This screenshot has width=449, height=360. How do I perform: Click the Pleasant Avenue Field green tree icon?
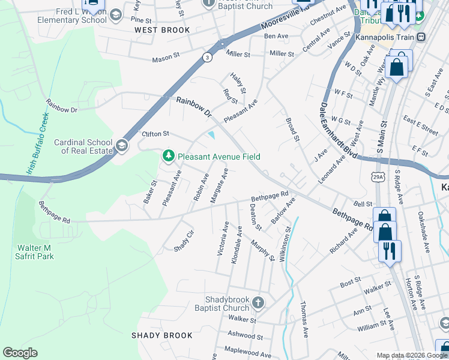point(169,157)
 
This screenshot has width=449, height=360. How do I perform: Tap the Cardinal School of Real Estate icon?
point(122,146)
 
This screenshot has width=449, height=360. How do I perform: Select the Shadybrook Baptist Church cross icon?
point(258,302)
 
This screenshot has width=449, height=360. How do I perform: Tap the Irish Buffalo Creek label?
point(37,144)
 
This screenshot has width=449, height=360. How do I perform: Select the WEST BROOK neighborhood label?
point(162,30)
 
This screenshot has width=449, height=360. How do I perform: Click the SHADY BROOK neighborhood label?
point(163,335)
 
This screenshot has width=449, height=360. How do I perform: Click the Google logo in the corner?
point(20,353)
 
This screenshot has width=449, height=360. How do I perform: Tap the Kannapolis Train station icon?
point(421,37)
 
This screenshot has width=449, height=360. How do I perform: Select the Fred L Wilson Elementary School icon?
point(115,14)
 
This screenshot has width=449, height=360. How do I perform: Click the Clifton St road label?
point(155,133)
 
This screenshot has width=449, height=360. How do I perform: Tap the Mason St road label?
point(166,59)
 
